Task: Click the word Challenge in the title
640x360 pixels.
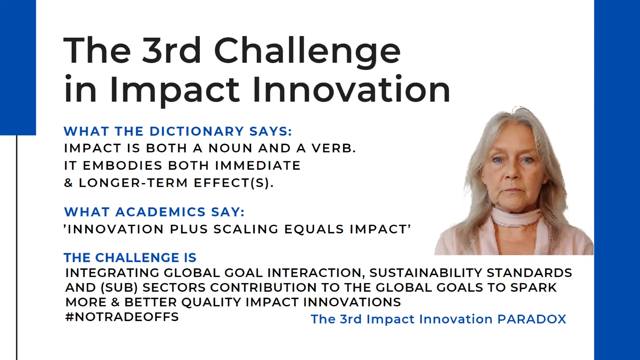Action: point(307,51)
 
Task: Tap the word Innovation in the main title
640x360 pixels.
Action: point(351,90)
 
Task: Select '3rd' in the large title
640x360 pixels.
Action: point(171,51)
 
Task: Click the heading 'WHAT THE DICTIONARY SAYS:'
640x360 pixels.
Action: point(177,131)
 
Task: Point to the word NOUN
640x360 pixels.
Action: point(230,148)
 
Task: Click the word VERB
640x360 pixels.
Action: point(333,148)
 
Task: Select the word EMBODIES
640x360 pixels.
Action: point(122,166)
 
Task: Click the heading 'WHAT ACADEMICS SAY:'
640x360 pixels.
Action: point(154,212)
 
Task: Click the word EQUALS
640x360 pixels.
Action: point(314,229)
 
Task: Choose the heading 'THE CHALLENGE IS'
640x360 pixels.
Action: point(130,258)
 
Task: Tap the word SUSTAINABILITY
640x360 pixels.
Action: point(425,273)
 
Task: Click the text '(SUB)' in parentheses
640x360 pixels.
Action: point(119,287)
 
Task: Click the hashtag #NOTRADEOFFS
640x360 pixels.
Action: point(122,317)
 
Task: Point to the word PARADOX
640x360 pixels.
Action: point(532,319)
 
